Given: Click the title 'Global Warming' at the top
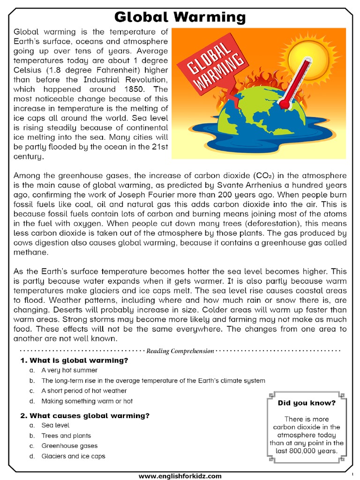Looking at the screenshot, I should (180, 17).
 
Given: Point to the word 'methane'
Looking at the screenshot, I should (31, 252).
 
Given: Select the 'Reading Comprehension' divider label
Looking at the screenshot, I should (180, 351).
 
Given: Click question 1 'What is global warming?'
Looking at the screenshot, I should (79, 360).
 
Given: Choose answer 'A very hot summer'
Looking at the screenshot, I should (69, 370).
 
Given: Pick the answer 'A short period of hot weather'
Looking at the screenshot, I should (84, 391).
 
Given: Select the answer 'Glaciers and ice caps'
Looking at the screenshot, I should (73, 456).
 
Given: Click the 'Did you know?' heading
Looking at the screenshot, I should (307, 403).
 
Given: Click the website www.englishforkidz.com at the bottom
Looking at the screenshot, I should (180, 476).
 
